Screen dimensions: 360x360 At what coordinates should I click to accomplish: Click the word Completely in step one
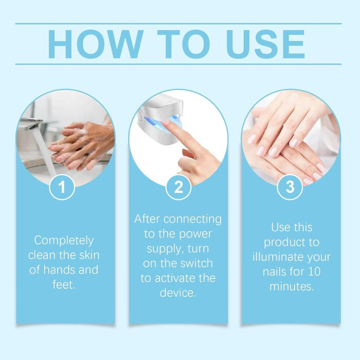(64, 240)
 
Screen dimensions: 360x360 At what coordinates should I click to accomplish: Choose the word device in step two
(178, 294)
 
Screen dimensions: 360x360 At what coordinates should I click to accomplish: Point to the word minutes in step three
(290, 286)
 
